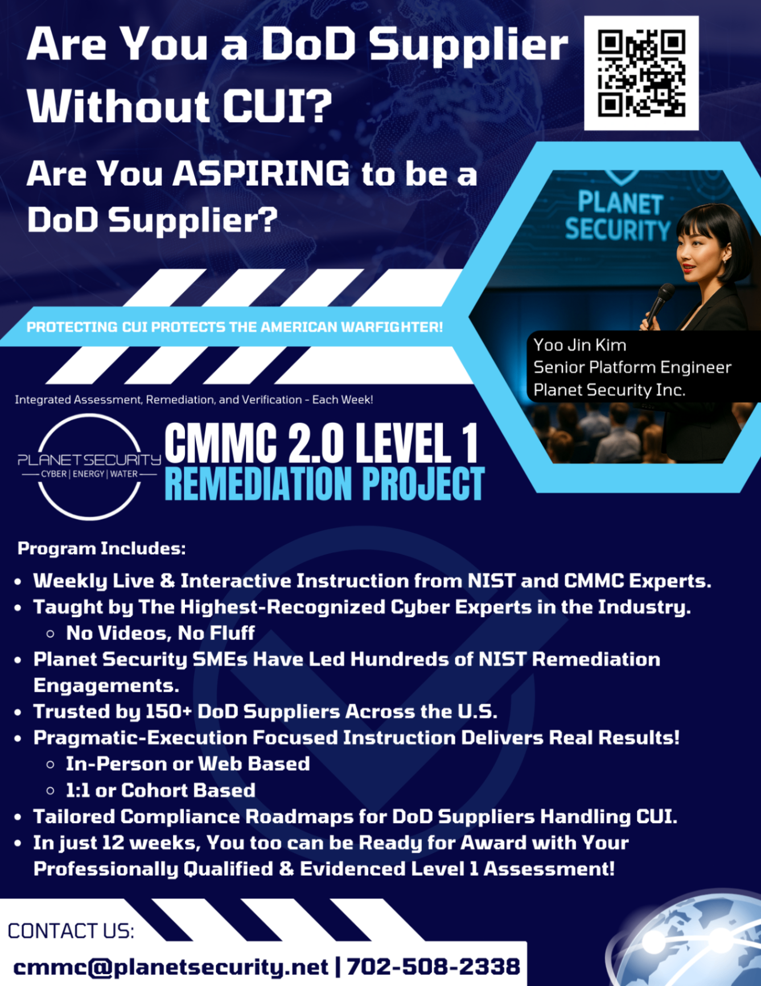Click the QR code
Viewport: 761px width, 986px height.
[x=641, y=73]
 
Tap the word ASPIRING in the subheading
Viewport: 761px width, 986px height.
[x=261, y=173]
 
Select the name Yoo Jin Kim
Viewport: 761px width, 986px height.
[x=579, y=345]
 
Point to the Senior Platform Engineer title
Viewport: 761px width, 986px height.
[x=632, y=367]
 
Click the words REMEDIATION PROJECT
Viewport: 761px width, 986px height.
[x=324, y=484]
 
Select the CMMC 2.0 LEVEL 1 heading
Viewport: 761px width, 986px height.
[x=322, y=443]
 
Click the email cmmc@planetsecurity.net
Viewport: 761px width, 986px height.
[x=171, y=967]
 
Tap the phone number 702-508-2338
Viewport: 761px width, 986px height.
[x=433, y=967]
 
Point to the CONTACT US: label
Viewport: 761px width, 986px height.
[x=71, y=931]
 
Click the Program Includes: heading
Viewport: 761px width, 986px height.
[x=101, y=548]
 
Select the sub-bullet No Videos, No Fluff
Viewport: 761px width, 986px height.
[x=160, y=633]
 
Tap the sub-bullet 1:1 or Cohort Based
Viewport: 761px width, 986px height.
[x=160, y=790]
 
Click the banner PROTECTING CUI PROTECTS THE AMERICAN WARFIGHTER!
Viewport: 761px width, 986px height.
[x=235, y=327]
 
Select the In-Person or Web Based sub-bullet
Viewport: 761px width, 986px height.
[x=187, y=764]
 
